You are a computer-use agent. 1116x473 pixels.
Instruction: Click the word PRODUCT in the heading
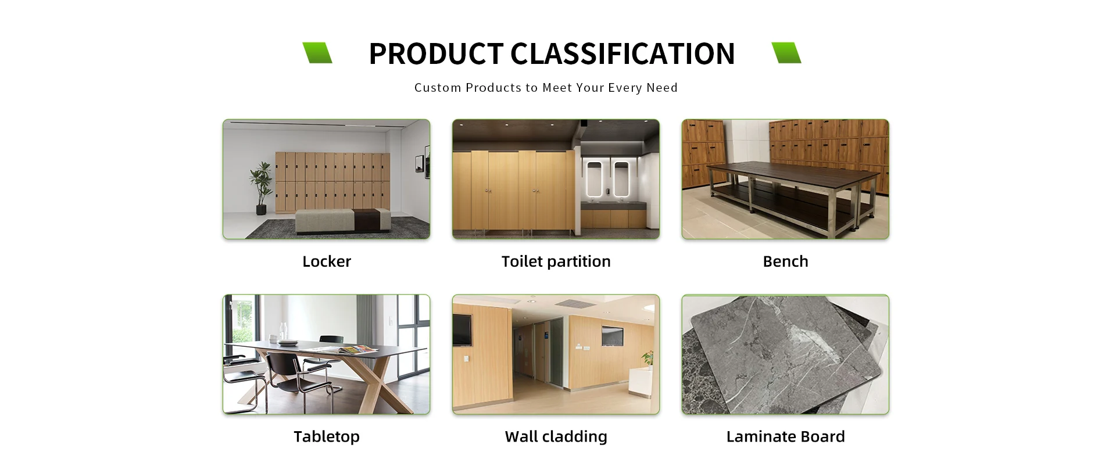pyautogui.click(x=436, y=53)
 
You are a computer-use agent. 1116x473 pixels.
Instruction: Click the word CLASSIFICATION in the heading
pyautogui.click(x=623, y=53)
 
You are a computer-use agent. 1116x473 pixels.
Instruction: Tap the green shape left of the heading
pyautogui.click(x=317, y=53)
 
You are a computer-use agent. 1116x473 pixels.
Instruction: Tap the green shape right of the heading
pyautogui.click(x=786, y=53)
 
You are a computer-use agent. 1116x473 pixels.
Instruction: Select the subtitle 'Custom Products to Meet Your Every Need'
pyautogui.click(x=546, y=88)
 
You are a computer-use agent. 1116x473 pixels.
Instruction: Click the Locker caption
pyautogui.click(x=327, y=261)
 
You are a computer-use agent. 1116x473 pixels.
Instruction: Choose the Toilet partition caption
pyautogui.click(x=556, y=261)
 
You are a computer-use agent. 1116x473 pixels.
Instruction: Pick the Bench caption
pyautogui.click(x=785, y=261)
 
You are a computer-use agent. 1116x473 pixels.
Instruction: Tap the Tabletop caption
pyautogui.click(x=327, y=436)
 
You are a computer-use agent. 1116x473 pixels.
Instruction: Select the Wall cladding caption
pyautogui.click(x=556, y=436)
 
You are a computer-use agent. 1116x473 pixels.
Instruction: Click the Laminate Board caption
pyautogui.click(x=785, y=436)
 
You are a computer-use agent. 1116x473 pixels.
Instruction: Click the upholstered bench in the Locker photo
pyautogui.click(x=342, y=221)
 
